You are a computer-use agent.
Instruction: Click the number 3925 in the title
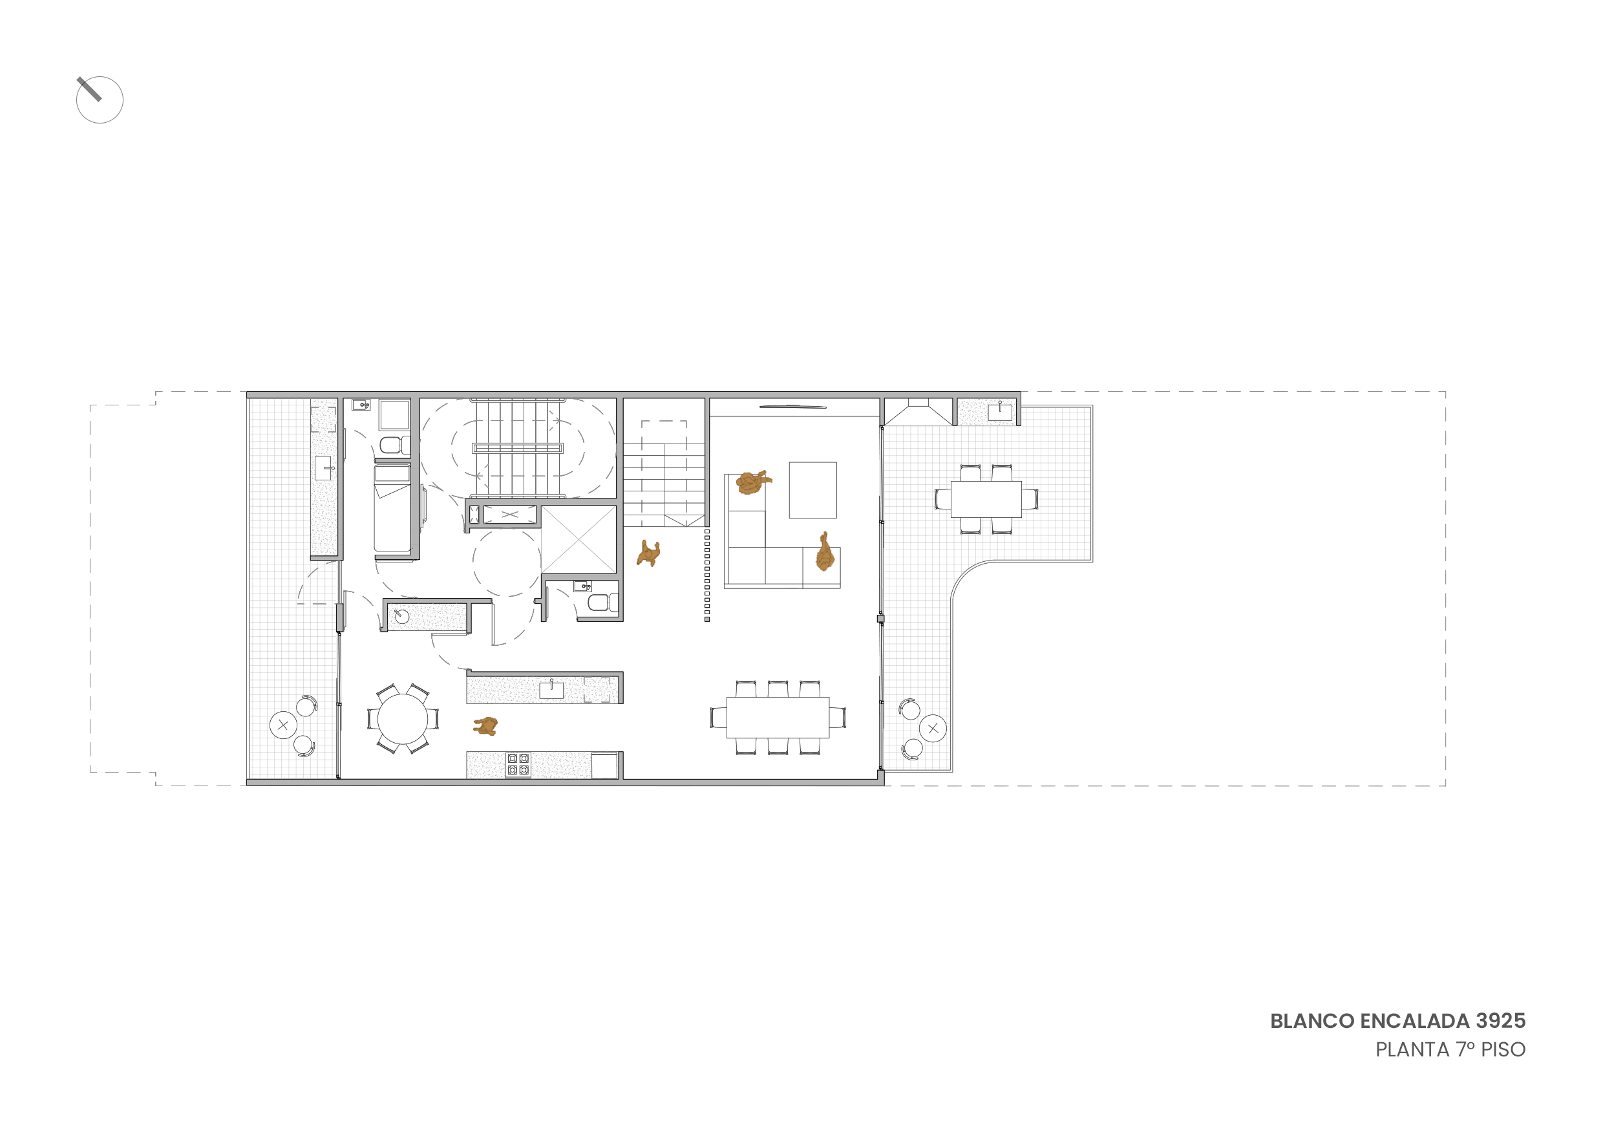click(x=1500, y=1021)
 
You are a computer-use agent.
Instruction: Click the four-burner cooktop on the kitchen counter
click(x=518, y=765)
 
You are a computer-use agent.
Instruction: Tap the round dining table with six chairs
click(x=403, y=719)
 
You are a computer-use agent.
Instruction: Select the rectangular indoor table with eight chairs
click(x=778, y=717)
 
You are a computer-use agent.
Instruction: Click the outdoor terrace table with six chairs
click(x=986, y=499)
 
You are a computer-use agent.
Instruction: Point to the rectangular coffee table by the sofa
click(x=812, y=490)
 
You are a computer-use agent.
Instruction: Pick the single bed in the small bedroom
click(x=392, y=509)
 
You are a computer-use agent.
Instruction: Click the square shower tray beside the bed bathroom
click(x=394, y=415)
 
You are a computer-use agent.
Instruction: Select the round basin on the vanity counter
click(x=402, y=617)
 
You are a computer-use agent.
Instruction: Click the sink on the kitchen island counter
click(x=551, y=690)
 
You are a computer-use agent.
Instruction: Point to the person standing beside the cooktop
click(x=486, y=726)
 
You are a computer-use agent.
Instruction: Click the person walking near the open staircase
click(x=648, y=553)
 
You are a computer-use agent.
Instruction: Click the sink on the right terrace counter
click(x=1000, y=412)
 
